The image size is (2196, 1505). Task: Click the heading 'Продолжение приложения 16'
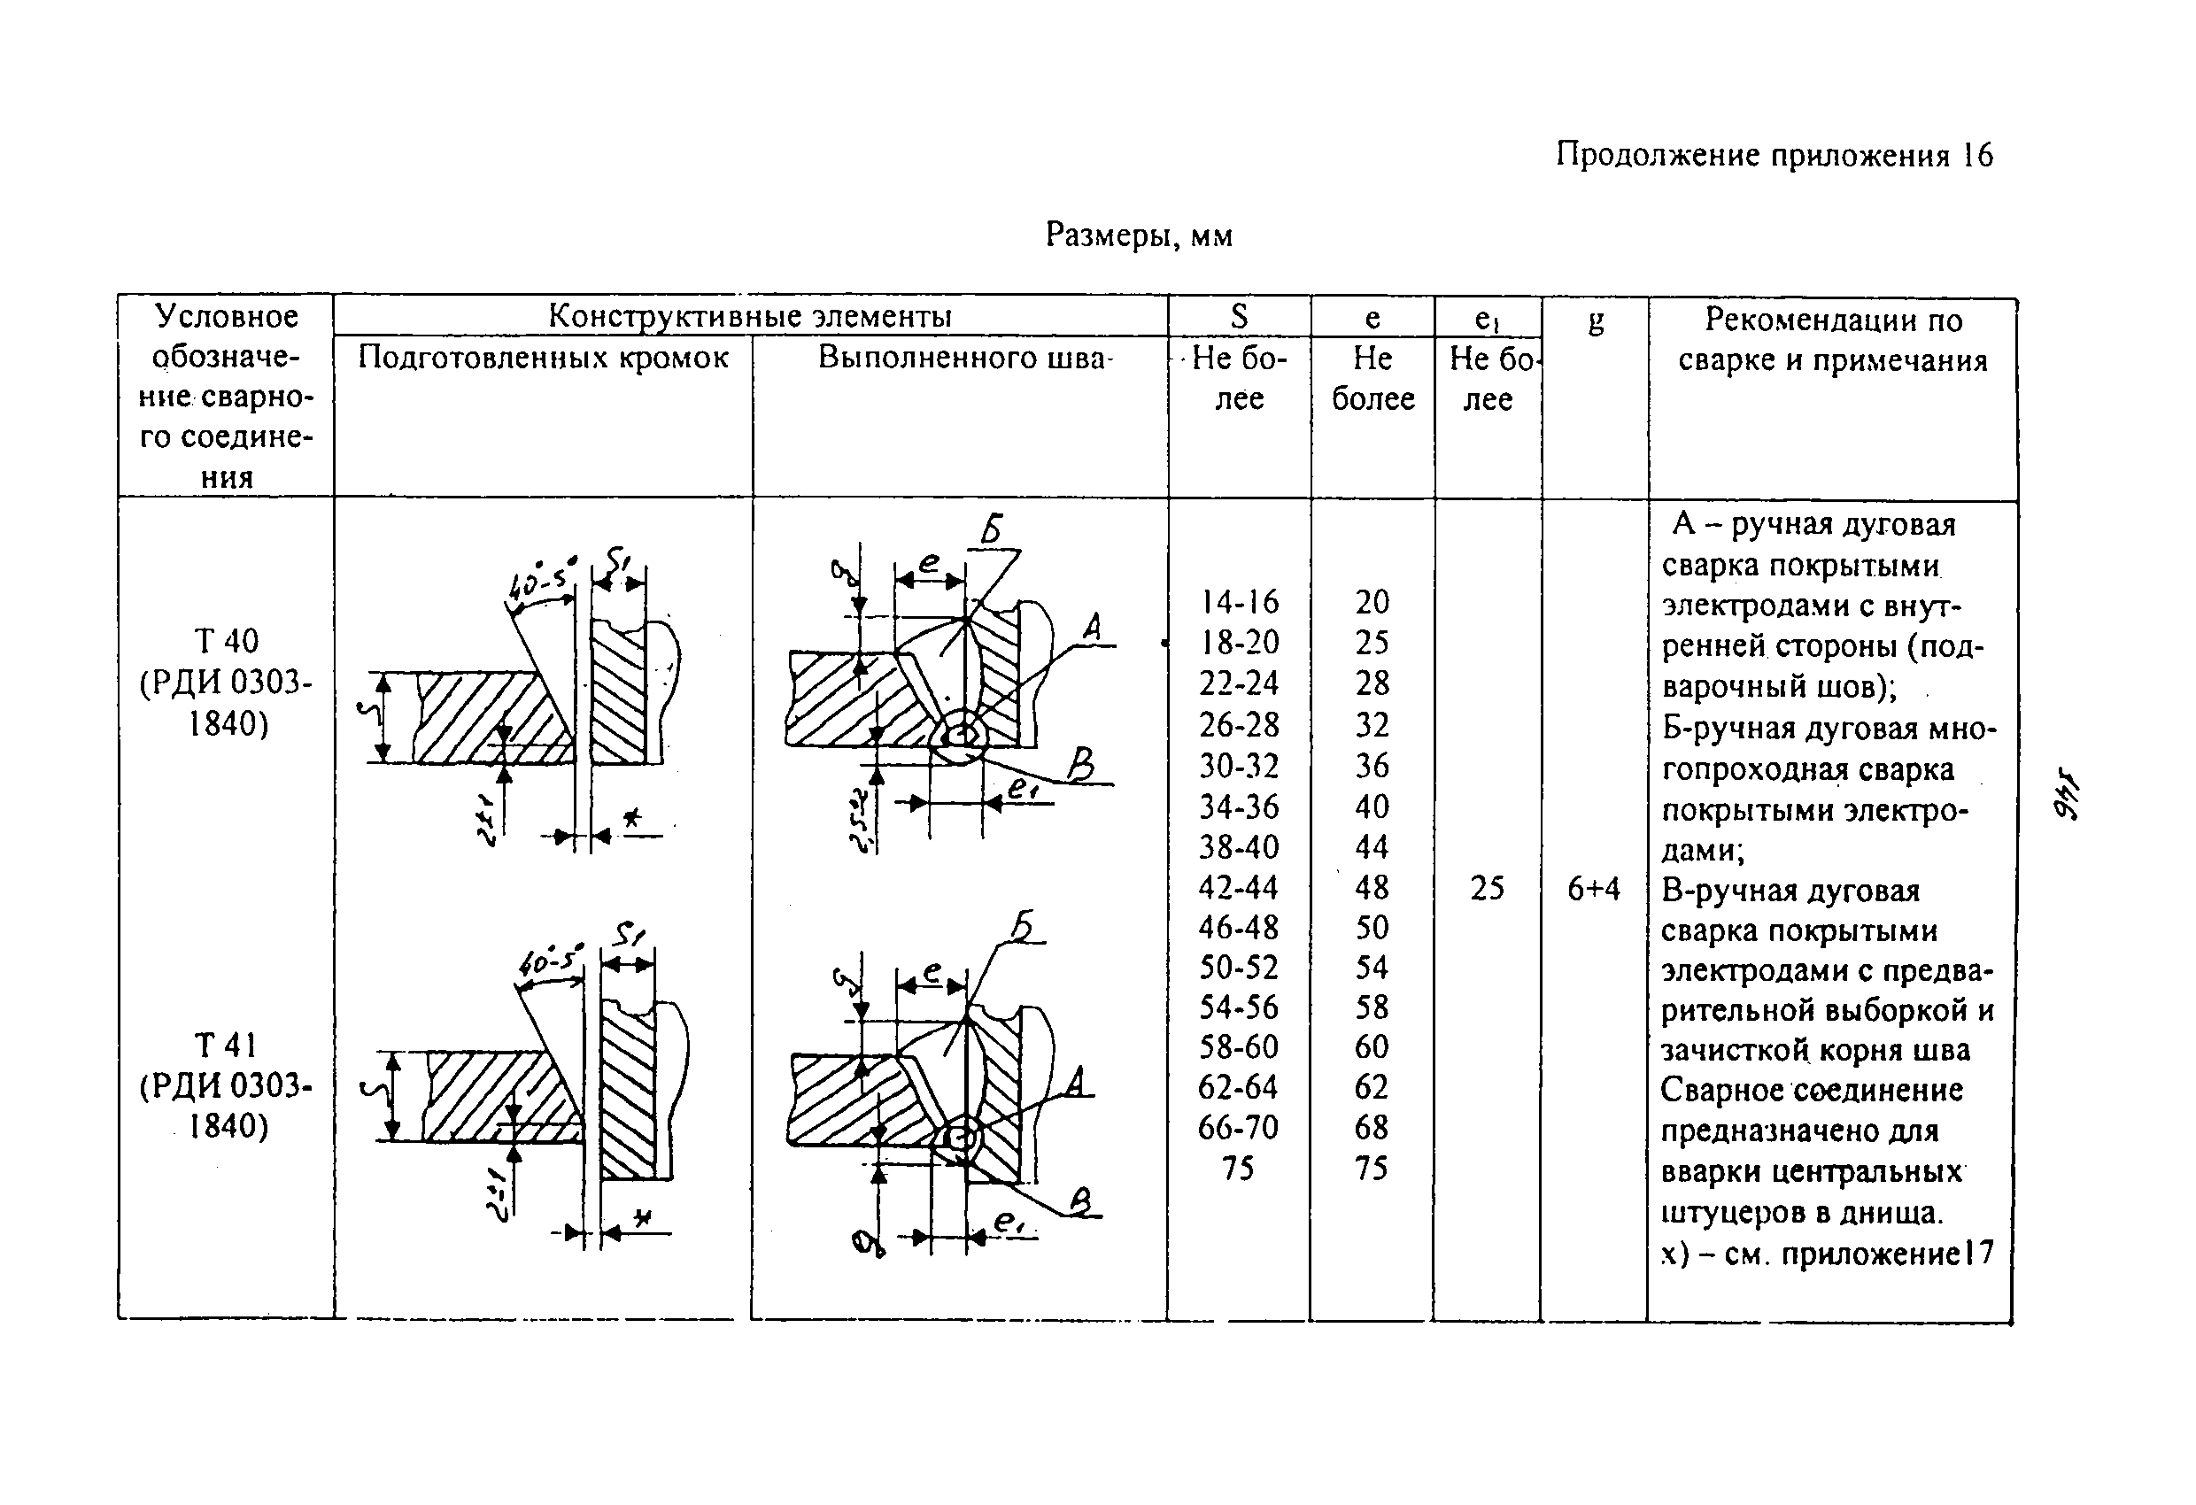(1774, 155)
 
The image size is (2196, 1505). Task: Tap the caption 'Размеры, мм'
(1139, 235)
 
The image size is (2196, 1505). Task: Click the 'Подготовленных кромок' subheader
(544, 358)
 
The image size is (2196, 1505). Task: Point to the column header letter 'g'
(1595, 321)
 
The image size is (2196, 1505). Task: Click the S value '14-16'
(1238, 602)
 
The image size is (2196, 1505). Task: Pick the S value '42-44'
(1238, 887)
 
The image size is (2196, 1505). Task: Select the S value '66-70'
(1238, 1127)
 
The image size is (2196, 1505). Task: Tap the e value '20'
(1372, 602)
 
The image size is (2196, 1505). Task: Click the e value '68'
(1372, 1127)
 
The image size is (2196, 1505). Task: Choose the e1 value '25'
(1487, 888)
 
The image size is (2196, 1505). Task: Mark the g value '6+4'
(1593, 888)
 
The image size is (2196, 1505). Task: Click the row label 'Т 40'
(227, 642)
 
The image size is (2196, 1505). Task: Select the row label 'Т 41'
(227, 1046)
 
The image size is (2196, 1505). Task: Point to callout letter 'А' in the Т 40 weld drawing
(1093, 628)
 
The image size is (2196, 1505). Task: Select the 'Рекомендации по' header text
(1833, 320)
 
